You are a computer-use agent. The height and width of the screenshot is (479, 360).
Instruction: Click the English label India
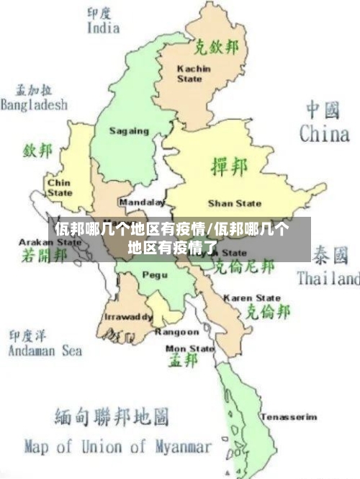click(103, 28)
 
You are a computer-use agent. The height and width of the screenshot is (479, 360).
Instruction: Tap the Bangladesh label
click(34, 104)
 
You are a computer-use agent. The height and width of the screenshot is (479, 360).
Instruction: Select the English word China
click(324, 133)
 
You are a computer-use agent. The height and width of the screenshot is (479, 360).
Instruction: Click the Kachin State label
click(194, 73)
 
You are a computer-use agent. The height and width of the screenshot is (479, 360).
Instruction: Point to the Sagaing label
click(129, 131)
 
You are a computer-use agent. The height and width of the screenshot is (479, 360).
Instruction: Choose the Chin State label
click(59, 188)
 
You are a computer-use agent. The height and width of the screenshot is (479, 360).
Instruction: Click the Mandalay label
click(142, 202)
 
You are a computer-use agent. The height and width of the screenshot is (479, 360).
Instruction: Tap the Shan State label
click(235, 203)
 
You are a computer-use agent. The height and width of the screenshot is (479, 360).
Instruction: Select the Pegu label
click(154, 274)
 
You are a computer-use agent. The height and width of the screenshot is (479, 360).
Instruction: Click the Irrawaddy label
click(128, 317)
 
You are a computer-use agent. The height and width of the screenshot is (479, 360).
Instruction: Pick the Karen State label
click(251, 297)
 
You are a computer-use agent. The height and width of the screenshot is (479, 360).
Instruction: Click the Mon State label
click(190, 349)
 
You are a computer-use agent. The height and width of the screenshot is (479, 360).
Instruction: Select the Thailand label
click(328, 278)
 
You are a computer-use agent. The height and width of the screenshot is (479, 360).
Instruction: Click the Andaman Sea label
click(45, 351)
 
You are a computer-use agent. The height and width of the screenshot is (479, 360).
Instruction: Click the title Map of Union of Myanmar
click(118, 446)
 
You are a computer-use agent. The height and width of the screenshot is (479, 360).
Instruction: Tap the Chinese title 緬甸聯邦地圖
click(112, 416)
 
